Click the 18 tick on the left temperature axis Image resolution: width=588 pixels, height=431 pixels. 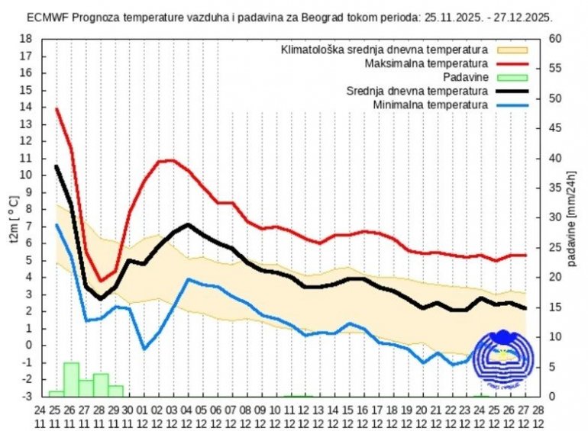click(x=26, y=39)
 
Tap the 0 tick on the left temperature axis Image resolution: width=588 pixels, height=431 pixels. click(x=29, y=345)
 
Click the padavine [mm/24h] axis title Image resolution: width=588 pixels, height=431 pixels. click(x=572, y=217)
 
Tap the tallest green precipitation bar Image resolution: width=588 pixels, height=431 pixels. click(x=71, y=379)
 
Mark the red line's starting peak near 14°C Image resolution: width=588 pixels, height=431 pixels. click(x=57, y=109)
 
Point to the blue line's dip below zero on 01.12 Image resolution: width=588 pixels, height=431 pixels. click(x=144, y=349)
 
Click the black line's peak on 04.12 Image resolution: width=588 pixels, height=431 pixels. click(x=188, y=224)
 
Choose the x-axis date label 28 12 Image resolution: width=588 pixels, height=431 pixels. click(x=538, y=417)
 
